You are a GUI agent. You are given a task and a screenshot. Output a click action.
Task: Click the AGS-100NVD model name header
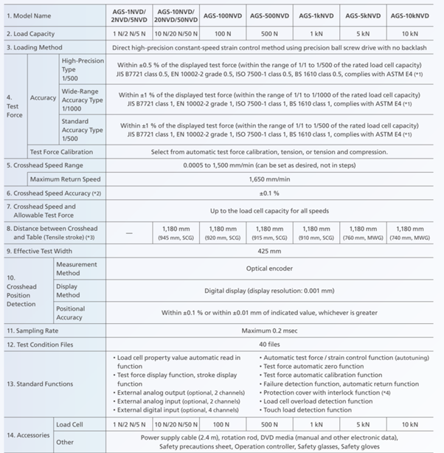click(x=223, y=15)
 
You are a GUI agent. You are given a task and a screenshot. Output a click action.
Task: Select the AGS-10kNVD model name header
click(x=411, y=15)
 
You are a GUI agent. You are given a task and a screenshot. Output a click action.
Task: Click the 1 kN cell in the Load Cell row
click(x=316, y=425)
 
